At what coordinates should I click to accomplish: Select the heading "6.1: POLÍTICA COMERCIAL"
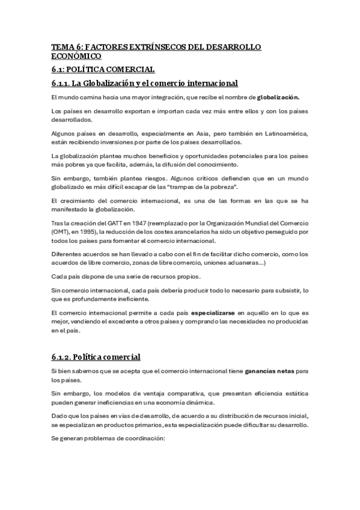[x=103, y=70]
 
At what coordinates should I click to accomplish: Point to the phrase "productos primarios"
[x=117, y=424]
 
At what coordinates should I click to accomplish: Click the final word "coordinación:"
[x=142, y=438]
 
